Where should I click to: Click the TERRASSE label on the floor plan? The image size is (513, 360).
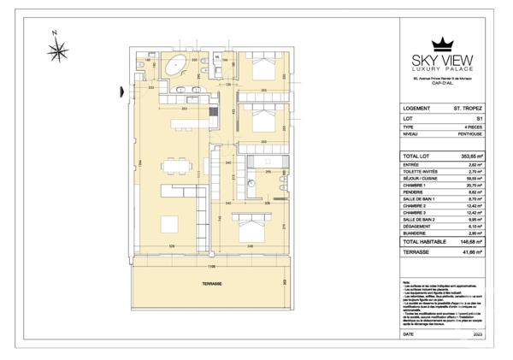(x=213, y=284)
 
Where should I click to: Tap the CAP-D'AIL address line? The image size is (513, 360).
(x=442, y=84)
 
